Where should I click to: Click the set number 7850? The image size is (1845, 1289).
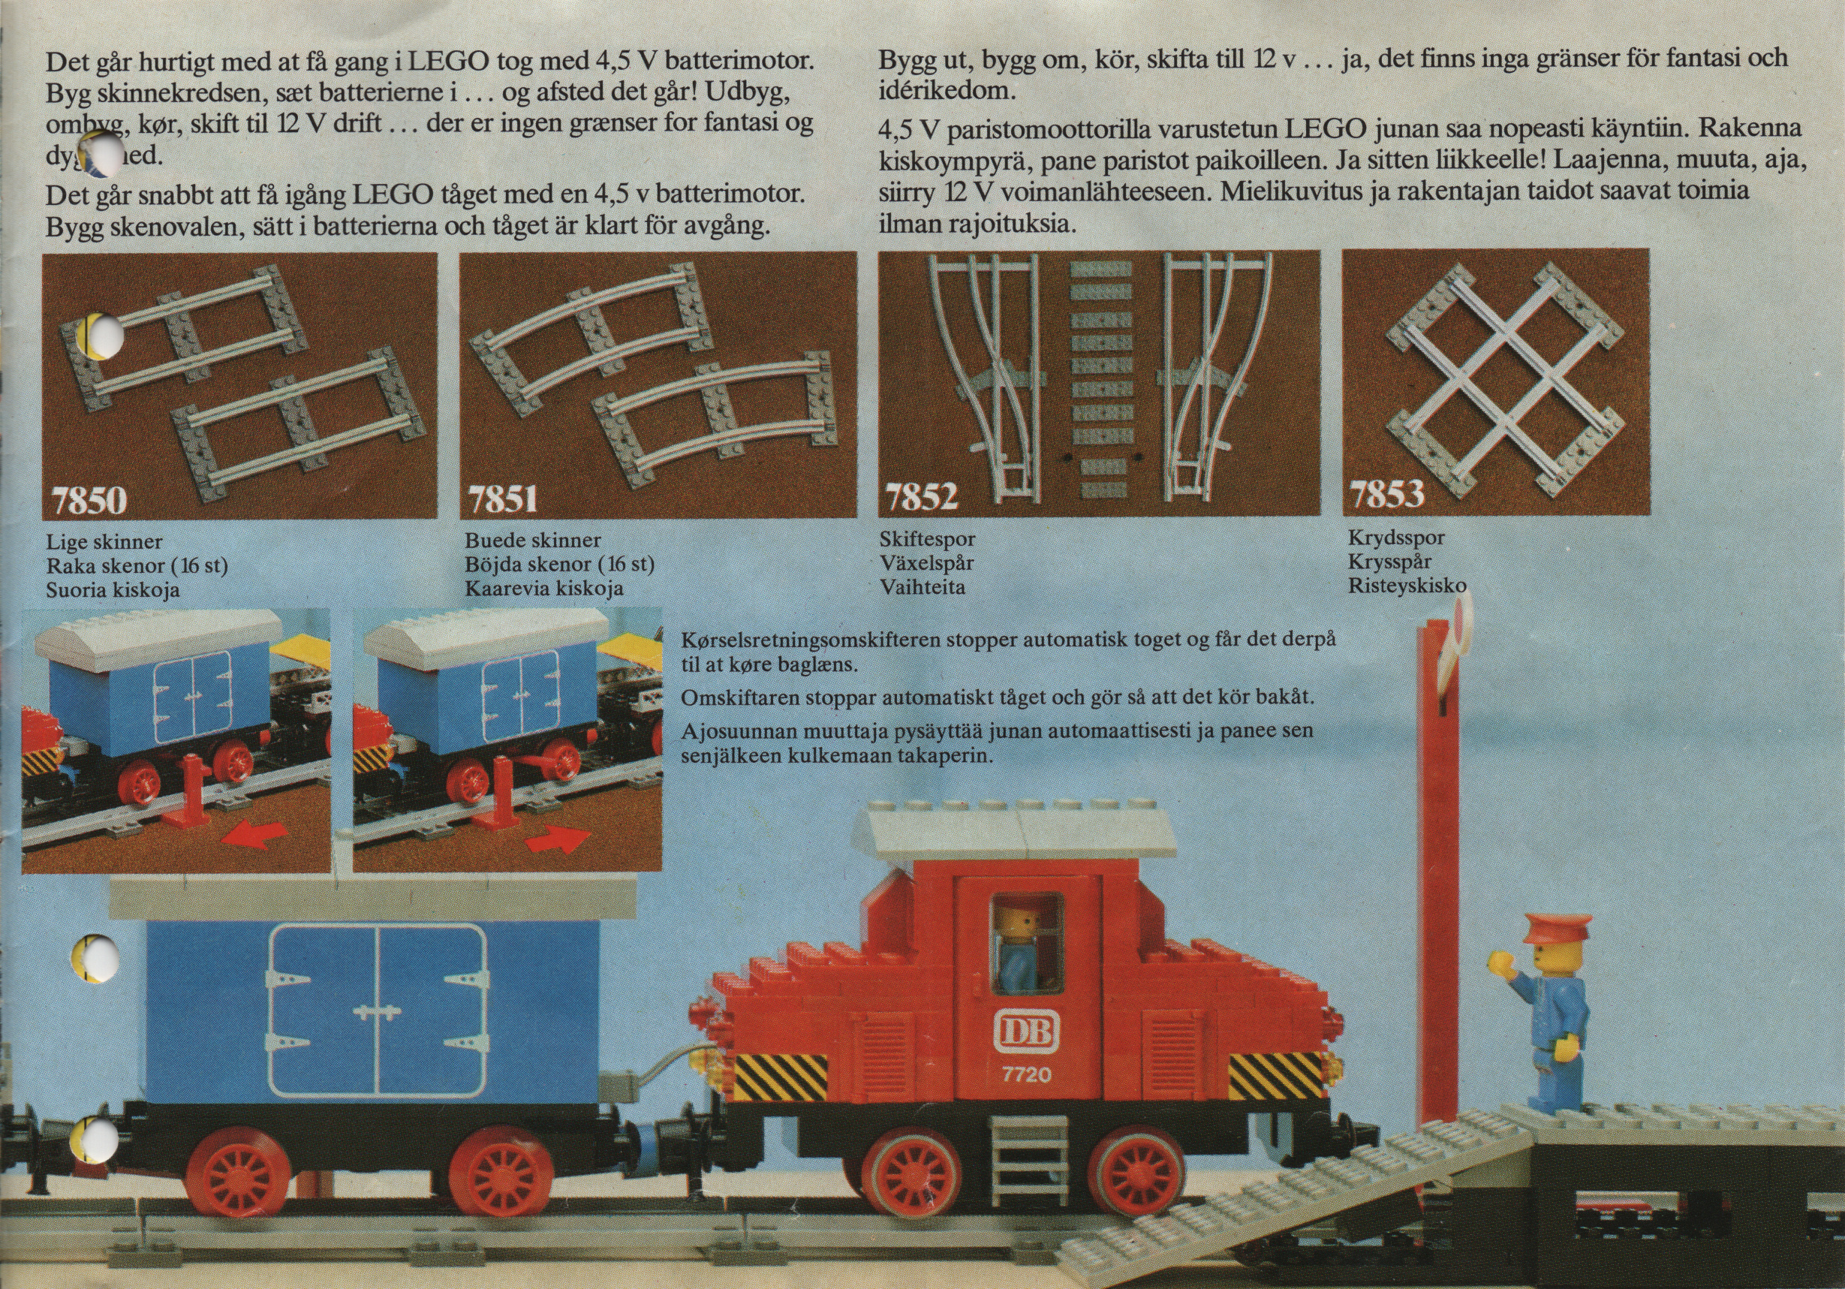(x=89, y=501)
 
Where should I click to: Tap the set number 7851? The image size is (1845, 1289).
(x=503, y=500)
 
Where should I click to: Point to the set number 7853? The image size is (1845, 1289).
(x=1387, y=494)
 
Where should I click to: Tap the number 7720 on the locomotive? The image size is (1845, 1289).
(x=1026, y=1074)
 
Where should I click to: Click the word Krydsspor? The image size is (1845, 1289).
(x=1396, y=537)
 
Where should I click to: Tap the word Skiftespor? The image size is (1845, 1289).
(x=926, y=539)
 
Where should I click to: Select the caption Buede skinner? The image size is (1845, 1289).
(x=532, y=540)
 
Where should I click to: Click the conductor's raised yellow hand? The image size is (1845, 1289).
(x=1499, y=962)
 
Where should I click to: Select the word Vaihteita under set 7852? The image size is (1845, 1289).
(x=923, y=586)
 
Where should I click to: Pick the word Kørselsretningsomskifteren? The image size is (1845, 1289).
(x=812, y=641)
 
